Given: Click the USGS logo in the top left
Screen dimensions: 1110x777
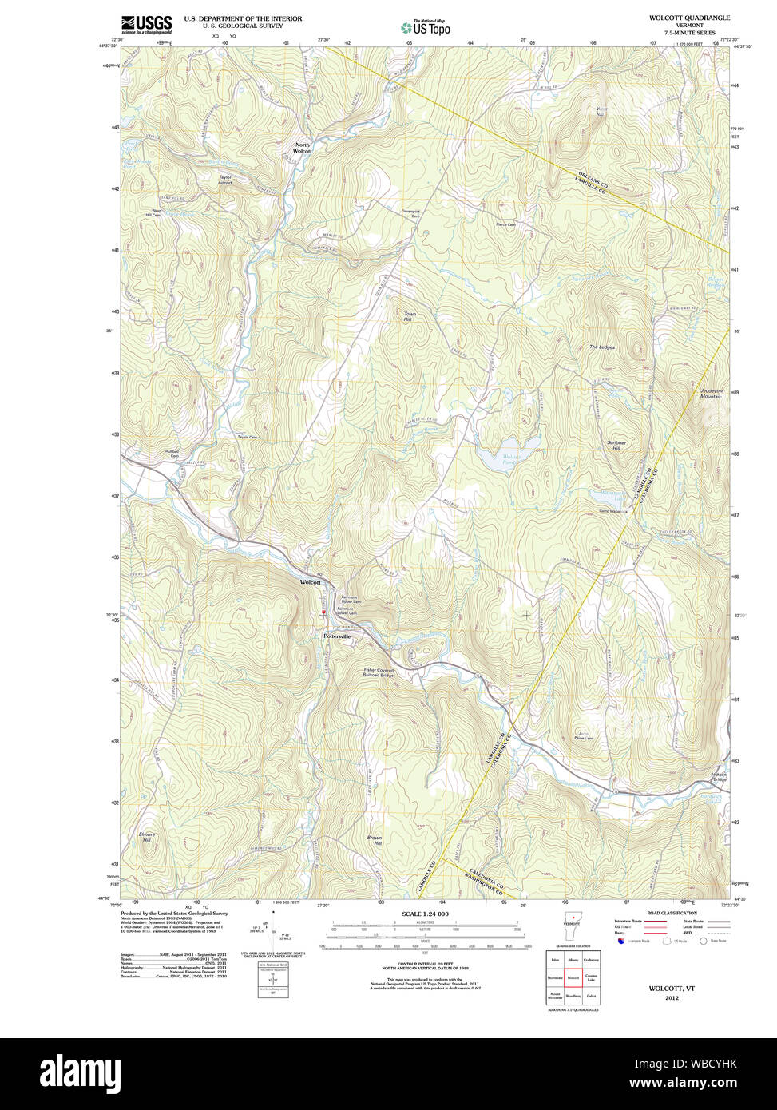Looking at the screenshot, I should pyautogui.click(x=146, y=23).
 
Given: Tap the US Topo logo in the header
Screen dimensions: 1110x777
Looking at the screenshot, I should pyautogui.click(x=425, y=27).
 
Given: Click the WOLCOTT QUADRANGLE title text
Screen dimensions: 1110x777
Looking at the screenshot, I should pyautogui.click(x=690, y=18).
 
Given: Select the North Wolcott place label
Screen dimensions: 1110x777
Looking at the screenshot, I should pyautogui.click(x=302, y=148).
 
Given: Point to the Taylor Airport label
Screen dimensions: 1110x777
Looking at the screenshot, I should pyautogui.click(x=225, y=180).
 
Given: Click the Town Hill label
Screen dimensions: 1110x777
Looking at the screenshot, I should pyautogui.click(x=410, y=316).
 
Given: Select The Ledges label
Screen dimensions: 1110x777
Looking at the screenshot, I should pyautogui.click(x=601, y=347).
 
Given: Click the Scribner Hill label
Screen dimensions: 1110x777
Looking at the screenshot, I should pyautogui.click(x=616, y=445).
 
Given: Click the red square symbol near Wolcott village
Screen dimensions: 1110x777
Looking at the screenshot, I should pyautogui.click(x=323, y=612).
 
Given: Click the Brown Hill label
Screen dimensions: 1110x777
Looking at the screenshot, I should pyautogui.click(x=374, y=840).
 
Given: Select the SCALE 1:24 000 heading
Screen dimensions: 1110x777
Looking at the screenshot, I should pyautogui.click(x=425, y=914).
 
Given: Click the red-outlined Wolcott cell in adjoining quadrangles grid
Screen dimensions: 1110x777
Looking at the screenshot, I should pyautogui.click(x=573, y=977).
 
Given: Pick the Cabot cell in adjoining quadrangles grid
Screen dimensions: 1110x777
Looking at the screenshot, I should pyautogui.click(x=591, y=996).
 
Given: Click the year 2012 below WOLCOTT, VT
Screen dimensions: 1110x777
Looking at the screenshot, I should pyautogui.click(x=671, y=997).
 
